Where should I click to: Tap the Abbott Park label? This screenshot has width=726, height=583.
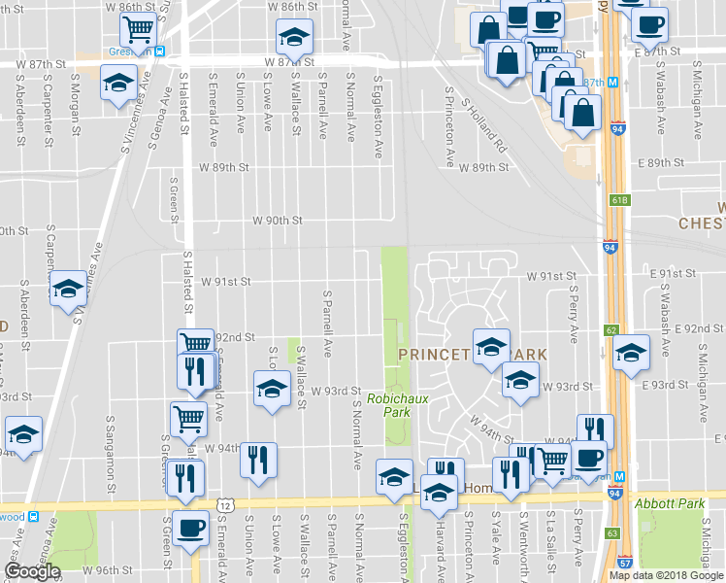667,504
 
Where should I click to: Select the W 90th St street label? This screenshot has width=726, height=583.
278,221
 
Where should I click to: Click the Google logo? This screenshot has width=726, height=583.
32,571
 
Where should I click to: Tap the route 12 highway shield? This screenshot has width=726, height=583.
225,504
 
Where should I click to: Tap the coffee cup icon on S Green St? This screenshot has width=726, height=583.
192,528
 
